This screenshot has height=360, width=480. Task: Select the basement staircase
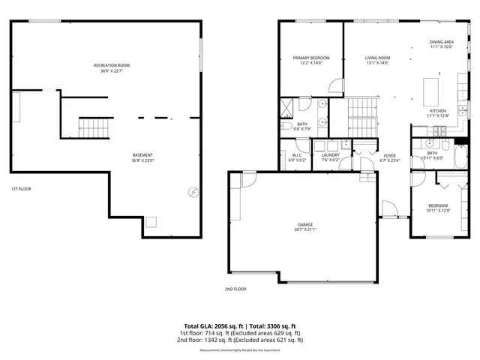pos(94,127)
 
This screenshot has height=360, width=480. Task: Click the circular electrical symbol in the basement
pos(193,192)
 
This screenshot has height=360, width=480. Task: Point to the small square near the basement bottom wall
pos(151,221)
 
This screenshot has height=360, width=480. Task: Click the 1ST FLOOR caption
pos(21,189)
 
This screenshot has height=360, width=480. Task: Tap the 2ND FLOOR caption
pos(235,289)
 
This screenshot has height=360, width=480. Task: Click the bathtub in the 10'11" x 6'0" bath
pos(460,157)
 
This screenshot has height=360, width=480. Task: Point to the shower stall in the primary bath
pos(287,106)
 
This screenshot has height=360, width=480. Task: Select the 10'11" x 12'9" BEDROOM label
pos(437,208)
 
